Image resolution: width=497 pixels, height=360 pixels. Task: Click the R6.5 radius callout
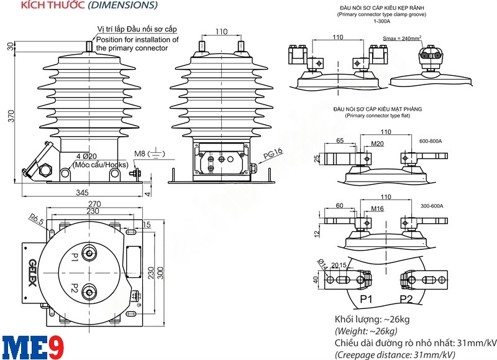click(x=35, y=218)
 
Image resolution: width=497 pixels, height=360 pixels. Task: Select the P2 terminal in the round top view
click(x=75, y=290)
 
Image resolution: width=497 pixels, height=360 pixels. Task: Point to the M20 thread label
click(x=377, y=144)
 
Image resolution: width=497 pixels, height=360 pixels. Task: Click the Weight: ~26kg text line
click(x=366, y=331)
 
